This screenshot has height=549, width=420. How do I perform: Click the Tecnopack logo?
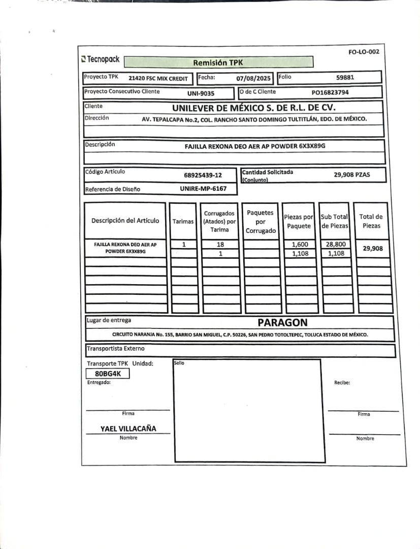[101, 59]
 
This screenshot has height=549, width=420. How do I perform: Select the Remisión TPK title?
[218, 63]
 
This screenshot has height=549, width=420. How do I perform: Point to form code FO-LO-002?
[364, 52]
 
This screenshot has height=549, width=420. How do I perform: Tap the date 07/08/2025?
[254, 79]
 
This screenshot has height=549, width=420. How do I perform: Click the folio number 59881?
[345, 78]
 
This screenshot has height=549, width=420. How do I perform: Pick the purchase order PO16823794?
[330, 93]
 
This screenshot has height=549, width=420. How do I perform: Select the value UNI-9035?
[201, 94]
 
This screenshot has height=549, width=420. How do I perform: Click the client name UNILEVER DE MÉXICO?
[254, 108]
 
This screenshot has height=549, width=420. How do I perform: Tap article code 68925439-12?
[203, 175]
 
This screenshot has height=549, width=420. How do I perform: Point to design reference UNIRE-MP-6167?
[202, 188]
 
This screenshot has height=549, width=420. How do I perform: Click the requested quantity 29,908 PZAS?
[352, 175]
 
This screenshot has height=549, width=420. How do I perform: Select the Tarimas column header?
[183, 221]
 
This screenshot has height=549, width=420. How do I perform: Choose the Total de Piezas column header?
[371, 221]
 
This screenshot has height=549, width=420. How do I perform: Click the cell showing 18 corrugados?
[220, 244]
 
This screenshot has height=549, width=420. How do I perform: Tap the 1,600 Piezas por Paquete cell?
[300, 244]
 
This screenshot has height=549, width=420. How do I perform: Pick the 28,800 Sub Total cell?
[336, 244]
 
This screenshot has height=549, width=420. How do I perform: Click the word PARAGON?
[282, 322]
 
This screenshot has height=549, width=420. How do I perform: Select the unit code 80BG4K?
[108, 374]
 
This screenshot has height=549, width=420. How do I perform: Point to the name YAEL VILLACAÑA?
[128, 429]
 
